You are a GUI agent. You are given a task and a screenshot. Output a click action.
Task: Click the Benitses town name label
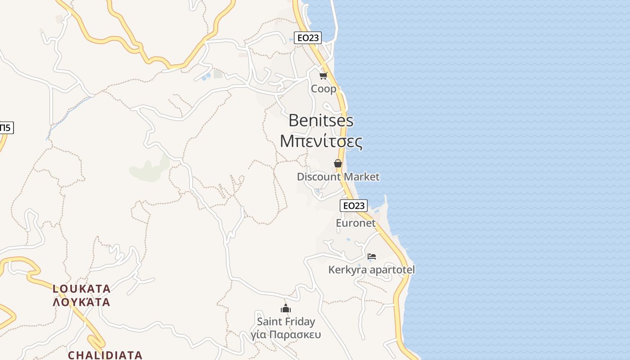[321, 121]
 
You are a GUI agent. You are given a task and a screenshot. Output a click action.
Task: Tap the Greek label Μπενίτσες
[321, 141]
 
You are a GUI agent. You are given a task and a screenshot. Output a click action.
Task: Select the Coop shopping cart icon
[323, 76]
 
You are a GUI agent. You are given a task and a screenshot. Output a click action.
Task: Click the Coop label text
[323, 89]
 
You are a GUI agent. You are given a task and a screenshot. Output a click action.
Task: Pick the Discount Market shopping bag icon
[338, 163]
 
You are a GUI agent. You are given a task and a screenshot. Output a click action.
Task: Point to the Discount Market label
[338, 177]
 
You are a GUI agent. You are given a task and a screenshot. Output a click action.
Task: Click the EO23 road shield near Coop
[308, 38]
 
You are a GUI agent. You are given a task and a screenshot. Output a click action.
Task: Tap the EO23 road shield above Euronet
[353, 206]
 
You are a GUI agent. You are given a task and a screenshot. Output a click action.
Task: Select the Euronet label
[355, 223]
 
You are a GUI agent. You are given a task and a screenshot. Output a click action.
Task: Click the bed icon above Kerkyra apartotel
[371, 256]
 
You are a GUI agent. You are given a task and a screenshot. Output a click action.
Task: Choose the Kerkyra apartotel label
[371, 270]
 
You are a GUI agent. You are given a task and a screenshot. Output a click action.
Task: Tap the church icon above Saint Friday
[286, 309]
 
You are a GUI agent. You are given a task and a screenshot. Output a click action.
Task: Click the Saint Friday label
[286, 322]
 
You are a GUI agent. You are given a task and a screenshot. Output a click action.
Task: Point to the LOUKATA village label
[81, 288]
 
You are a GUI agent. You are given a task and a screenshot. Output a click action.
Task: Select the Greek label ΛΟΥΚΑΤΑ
[81, 302]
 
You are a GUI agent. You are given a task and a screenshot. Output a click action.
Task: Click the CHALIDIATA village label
[105, 355]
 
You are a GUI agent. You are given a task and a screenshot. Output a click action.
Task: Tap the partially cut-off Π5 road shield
[5, 128]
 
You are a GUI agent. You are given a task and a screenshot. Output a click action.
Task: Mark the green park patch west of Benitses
[148, 170]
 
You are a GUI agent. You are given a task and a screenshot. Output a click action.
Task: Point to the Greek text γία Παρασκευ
[286, 335]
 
